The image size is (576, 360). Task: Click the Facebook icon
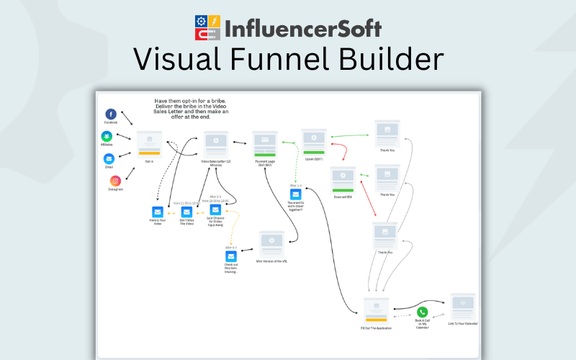(x=111, y=114)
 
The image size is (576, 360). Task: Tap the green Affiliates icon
(x=107, y=136)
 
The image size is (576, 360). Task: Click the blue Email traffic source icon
(x=109, y=158)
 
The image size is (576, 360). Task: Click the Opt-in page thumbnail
(x=149, y=143)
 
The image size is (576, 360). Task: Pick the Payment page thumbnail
(x=266, y=143)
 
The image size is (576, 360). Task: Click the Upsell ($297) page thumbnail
(x=314, y=141)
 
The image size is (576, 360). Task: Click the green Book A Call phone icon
(x=422, y=312)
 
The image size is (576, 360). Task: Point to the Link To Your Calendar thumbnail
(x=462, y=306)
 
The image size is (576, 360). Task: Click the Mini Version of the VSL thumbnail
(x=271, y=243)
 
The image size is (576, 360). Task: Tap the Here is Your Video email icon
(x=158, y=212)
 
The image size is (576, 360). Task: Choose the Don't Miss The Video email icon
(x=186, y=212)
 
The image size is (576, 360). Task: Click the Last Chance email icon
(x=215, y=210)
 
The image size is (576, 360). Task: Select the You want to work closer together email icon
(x=295, y=194)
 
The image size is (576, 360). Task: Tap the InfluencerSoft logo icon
(x=209, y=27)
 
